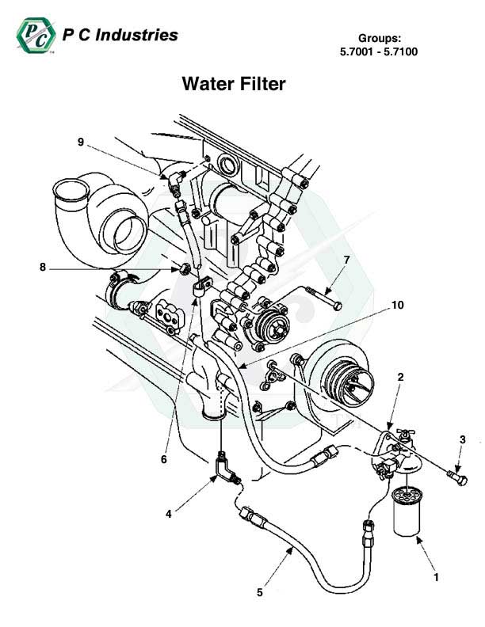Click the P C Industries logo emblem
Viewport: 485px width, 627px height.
tap(34, 37)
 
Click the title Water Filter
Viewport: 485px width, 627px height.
tap(233, 83)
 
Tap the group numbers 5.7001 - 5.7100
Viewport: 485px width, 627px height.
tap(378, 52)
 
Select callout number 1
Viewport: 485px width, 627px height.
tap(437, 577)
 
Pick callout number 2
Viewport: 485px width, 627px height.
tap(401, 378)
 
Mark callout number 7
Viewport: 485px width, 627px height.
tap(346, 260)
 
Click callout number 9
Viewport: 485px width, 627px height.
tap(80, 142)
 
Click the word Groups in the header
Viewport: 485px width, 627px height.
tap(378, 38)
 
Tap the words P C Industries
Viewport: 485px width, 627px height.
tap(119, 35)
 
